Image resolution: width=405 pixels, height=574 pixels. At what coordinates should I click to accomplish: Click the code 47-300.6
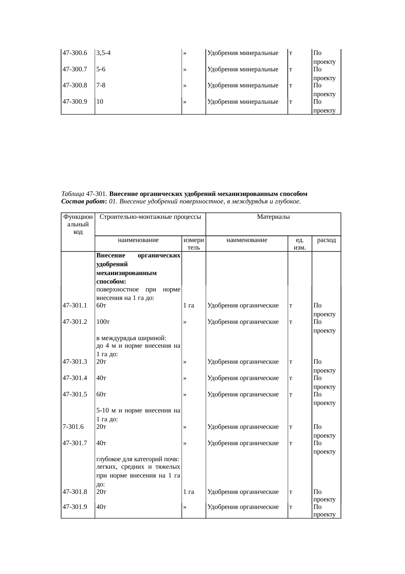pos(74,53)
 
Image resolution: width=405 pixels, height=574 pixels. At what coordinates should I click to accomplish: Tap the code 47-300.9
pos(74,102)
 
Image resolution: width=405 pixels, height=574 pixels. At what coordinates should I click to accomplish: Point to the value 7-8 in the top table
pos(101,86)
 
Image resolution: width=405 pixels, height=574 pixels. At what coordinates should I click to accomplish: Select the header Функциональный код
pos(78,224)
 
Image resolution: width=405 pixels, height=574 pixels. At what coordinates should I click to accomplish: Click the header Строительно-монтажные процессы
pos(150,217)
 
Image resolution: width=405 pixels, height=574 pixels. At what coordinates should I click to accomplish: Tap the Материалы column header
pos(273,217)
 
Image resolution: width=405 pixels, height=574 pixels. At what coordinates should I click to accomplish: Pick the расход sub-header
pos(326,240)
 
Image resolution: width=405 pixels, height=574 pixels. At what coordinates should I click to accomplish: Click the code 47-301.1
pos(74,306)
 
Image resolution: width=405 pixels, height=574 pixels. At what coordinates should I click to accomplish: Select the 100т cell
pos(103,322)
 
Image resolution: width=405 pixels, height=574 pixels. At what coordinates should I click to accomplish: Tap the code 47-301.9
pos(74,507)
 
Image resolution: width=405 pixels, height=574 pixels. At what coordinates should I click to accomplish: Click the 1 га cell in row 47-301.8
pos(189,492)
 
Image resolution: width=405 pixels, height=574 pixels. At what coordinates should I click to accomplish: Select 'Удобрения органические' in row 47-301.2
pos(243,322)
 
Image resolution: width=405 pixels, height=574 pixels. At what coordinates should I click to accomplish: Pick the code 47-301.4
pos(74,378)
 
